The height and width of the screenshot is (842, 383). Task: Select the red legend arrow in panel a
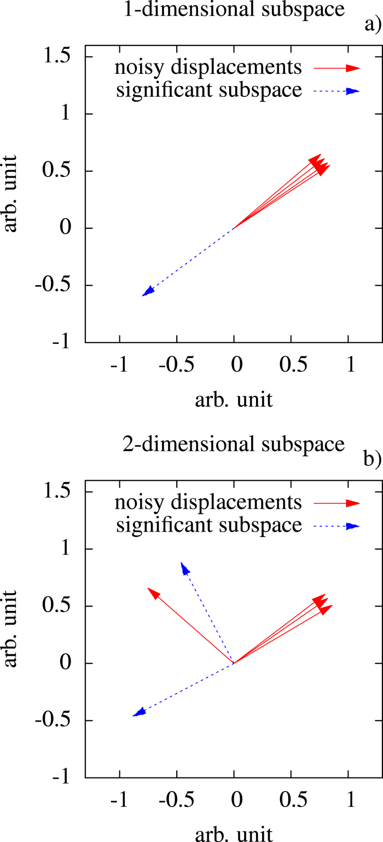click(x=336, y=68)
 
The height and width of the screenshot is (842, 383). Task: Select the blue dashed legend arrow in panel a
click(x=336, y=91)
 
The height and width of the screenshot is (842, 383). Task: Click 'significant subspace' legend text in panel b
click(x=209, y=526)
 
